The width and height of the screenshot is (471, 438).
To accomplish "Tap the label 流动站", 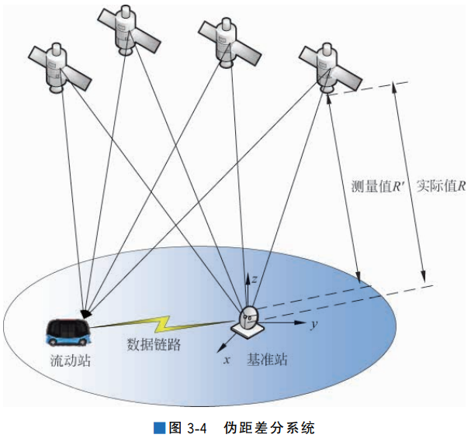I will click(66, 360).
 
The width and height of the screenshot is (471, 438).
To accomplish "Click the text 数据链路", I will click(154, 345).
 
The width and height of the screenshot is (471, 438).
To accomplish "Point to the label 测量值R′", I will click(376, 186).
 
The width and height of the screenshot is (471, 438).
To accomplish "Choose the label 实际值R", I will click(440, 186).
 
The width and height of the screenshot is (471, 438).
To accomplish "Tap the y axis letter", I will click(313, 325).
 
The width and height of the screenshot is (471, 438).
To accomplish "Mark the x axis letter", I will click(227, 359).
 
